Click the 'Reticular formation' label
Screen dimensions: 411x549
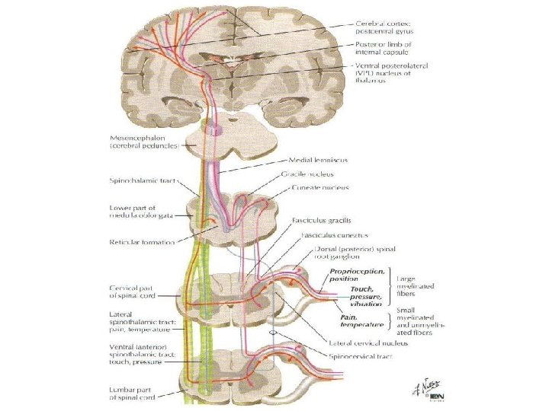[143, 242]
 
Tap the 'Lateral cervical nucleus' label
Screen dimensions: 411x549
[374, 342]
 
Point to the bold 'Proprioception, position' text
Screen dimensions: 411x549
[357, 276]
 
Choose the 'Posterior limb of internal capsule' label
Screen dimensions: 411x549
[384, 49]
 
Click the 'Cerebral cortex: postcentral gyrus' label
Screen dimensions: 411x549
[382, 27]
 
